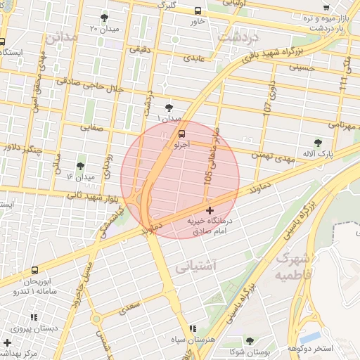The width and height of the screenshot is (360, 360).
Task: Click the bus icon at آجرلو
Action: pos(182,133)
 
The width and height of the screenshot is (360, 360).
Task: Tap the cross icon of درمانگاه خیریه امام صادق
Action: pos(210,210)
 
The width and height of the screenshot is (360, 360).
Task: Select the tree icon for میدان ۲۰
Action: pos(105,18)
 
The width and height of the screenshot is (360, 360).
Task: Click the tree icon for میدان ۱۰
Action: pos(169,108)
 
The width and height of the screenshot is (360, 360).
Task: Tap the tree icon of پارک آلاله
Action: pos(319,143)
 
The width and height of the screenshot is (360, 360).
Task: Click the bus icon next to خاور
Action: pos(198,11)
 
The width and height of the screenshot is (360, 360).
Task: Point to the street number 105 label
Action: pos(209,176)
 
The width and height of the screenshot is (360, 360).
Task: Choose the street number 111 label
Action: pos(342,83)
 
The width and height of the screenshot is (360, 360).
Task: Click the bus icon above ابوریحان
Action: pos(35,269)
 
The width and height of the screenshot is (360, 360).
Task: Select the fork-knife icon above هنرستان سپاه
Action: pos(193,328)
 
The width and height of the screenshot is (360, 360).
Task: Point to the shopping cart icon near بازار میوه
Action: pos(325,8)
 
